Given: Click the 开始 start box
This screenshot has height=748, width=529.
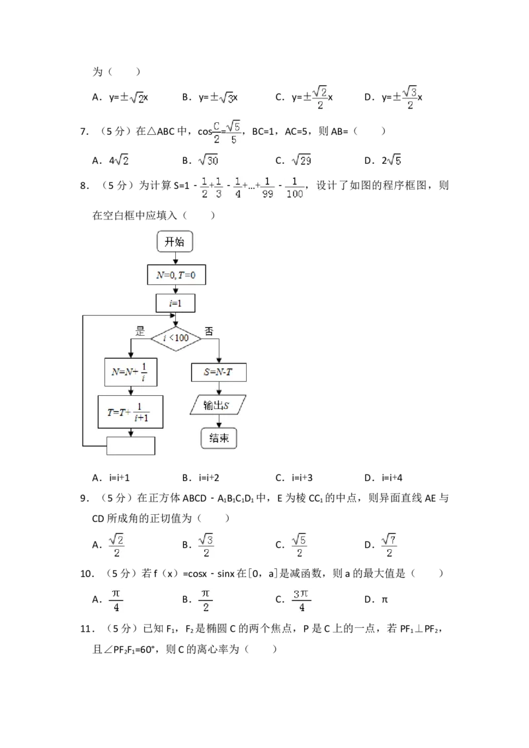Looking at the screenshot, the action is (x=175, y=242).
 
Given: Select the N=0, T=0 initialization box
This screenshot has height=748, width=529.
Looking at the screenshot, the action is (x=176, y=275).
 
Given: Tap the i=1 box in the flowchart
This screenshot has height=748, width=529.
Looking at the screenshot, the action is (x=175, y=303).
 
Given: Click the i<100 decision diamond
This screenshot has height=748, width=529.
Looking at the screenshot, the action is (x=175, y=338).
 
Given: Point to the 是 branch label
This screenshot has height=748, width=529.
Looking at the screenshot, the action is (x=140, y=332).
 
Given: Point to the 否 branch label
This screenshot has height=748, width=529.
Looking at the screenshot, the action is (x=209, y=332).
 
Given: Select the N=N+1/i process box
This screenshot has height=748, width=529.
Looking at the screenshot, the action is (x=130, y=372).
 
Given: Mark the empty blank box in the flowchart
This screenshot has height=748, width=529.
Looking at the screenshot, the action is (x=131, y=446).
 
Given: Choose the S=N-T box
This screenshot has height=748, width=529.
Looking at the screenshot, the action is (x=219, y=372).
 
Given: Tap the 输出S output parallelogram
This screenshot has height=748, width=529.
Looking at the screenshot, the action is (x=218, y=404).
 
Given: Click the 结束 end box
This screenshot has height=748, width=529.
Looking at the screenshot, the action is (x=218, y=438).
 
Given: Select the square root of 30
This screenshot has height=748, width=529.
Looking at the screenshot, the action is (x=209, y=161).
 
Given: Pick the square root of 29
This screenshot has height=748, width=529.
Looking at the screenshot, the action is (x=302, y=161).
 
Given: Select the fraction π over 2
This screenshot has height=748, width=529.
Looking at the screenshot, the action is (x=206, y=600).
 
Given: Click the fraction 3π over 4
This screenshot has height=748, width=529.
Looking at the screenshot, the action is (x=302, y=600).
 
